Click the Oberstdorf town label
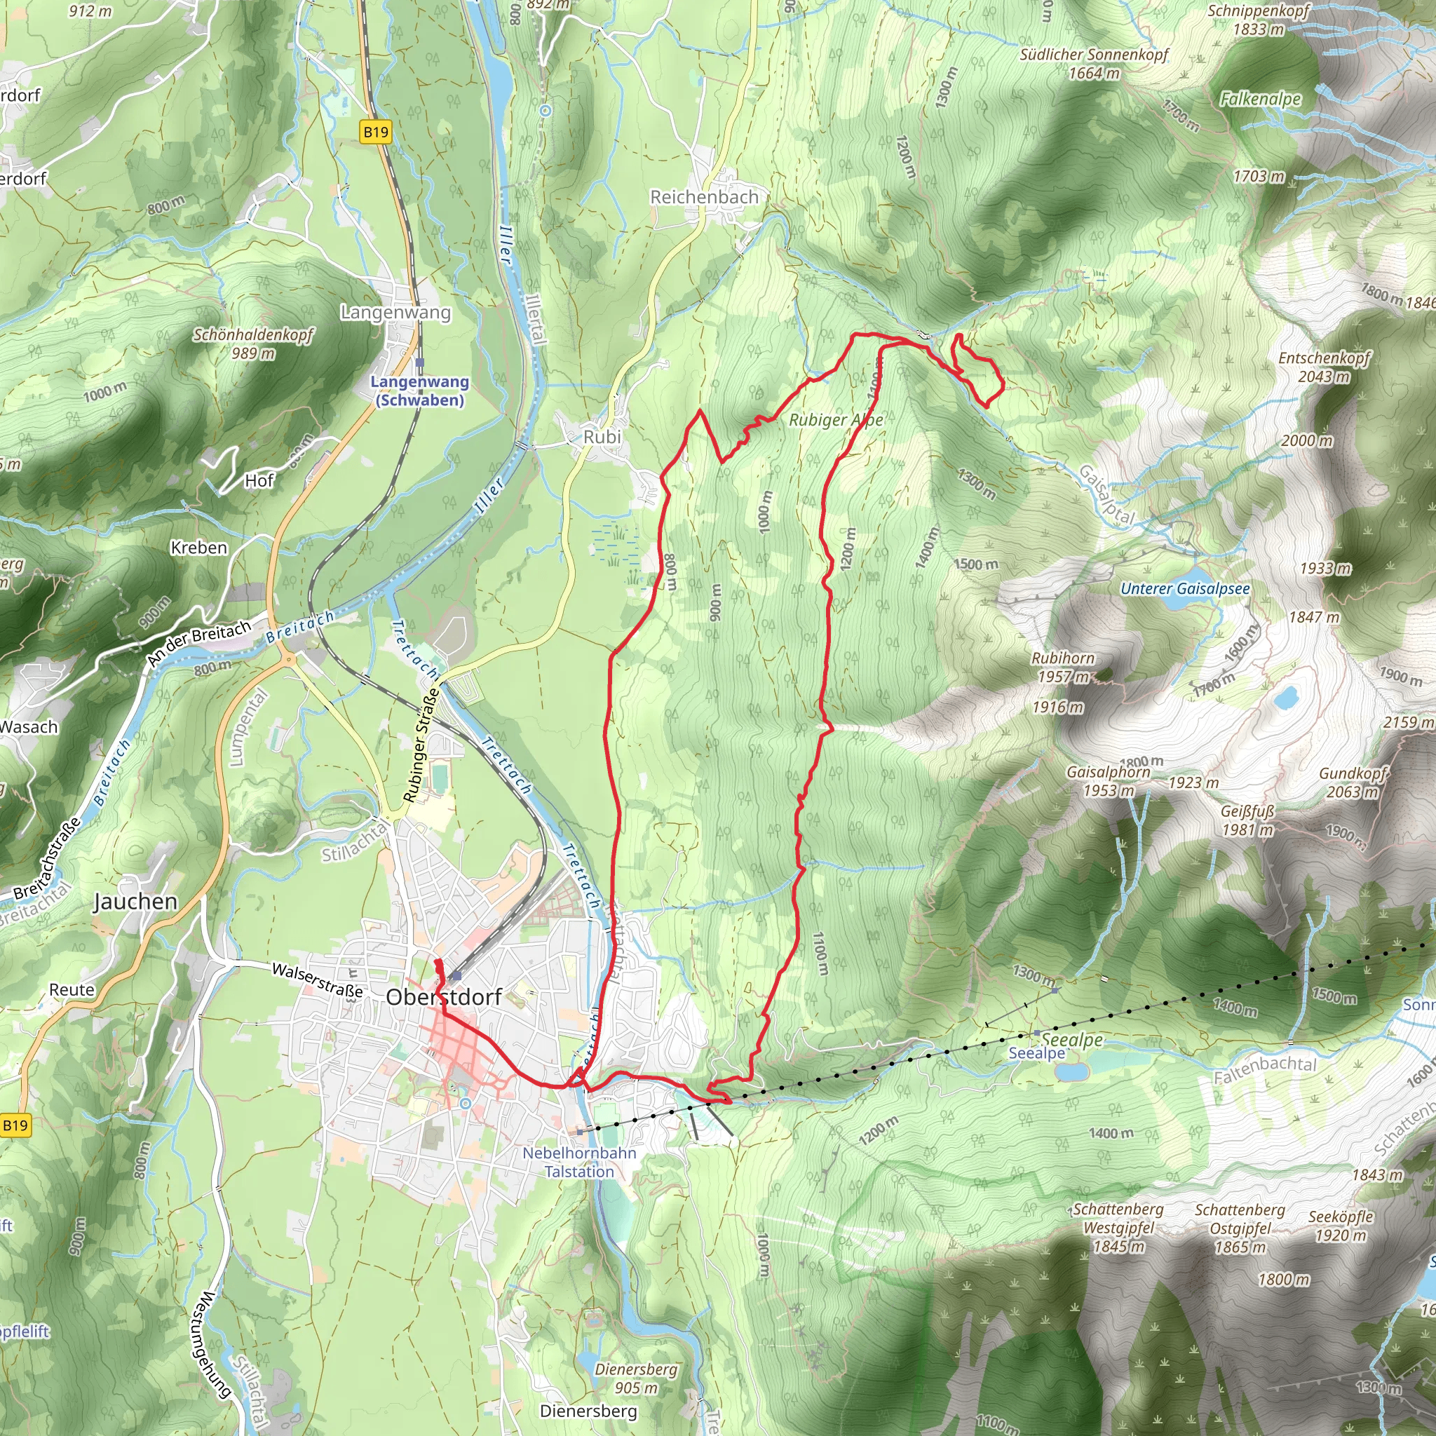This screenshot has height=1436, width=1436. [444, 997]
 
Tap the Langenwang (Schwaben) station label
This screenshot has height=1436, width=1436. [420, 391]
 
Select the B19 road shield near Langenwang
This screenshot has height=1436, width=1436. [375, 133]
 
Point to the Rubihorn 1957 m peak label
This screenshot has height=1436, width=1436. [1062, 667]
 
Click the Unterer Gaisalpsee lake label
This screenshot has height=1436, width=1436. [1185, 589]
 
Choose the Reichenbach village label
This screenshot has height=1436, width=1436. [704, 197]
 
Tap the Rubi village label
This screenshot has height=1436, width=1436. [602, 437]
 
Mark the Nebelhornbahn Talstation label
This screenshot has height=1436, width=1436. [579, 1162]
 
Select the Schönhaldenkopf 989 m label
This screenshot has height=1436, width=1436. [253, 344]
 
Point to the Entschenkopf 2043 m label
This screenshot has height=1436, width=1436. [1324, 367]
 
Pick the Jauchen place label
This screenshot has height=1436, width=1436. [135, 902]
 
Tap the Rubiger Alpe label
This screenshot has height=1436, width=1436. [835, 420]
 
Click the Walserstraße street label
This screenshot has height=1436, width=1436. [318, 980]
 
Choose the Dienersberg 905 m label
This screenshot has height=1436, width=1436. [636, 1378]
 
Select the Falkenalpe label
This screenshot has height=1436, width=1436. [1261, 99]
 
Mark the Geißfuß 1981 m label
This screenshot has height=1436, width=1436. [1247, 820]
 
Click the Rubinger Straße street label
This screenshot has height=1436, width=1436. [421, 745]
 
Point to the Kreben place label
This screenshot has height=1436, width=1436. [198, 548]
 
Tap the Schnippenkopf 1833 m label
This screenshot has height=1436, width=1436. [1258, 20]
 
